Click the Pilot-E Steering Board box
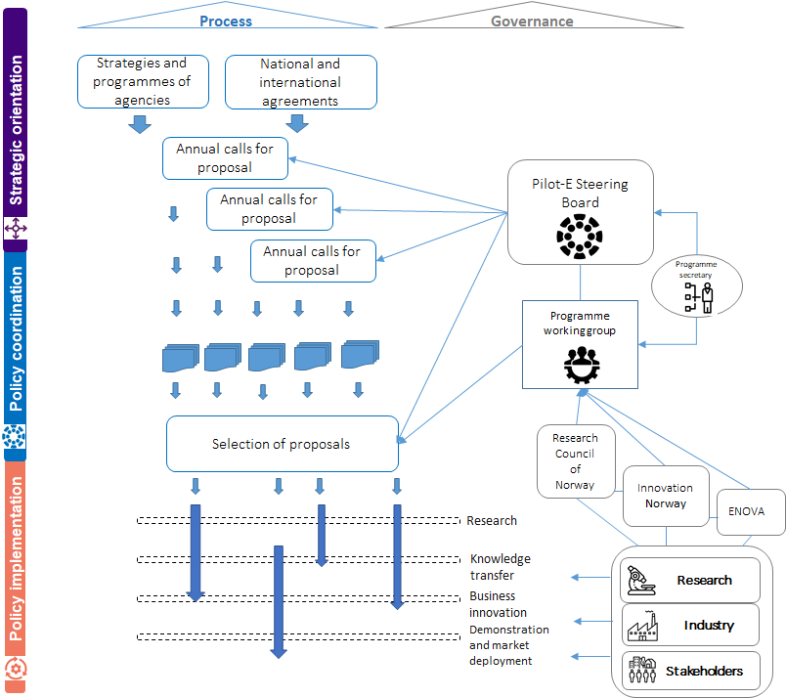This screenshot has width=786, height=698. click(x=581, y=212)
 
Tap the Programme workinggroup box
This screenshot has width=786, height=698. click(x=580, y=344)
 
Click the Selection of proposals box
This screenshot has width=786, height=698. click(x=282, y=444)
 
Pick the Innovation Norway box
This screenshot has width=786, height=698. click(x=665, y=496)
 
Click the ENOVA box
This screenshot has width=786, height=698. click(x=747, y=511)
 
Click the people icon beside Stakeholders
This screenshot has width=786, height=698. click(x=640, y=671)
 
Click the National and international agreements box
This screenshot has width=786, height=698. click(x=299, y=82)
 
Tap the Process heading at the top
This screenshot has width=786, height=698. click(x=226, y=21)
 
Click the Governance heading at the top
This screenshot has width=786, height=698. click(x=532, y=21)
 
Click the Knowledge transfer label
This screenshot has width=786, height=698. click(x=500, y=567)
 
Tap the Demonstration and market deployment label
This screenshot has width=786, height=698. click(x=508, y=645)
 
